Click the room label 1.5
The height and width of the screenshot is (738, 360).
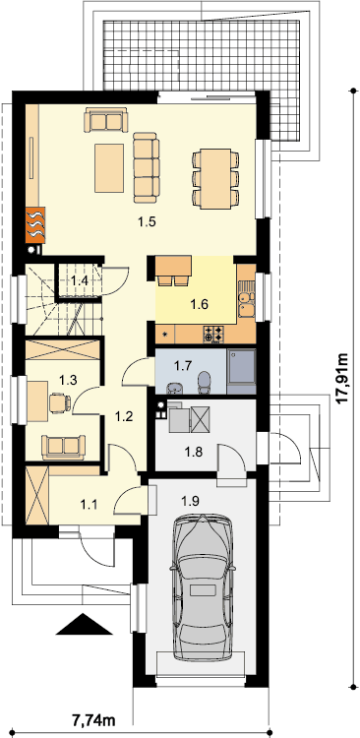point(147,221)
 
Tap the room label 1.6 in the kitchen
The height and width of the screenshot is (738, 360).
point(199,304)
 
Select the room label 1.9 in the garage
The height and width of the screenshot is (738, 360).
point(191,500)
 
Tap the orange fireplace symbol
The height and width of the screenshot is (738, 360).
point(35,224)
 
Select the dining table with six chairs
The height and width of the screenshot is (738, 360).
point(215,179)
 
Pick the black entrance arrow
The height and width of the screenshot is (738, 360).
point(85,624)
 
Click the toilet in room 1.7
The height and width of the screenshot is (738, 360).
point(205,383)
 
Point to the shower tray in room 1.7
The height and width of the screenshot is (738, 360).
point(241,371)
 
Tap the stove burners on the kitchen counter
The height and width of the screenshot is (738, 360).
point(213,334)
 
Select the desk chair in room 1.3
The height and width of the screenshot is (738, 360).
point(60,402)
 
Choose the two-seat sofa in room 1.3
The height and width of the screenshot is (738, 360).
point(64,447)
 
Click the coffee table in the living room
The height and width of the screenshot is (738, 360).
point(109,168)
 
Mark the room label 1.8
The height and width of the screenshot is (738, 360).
point(194,453)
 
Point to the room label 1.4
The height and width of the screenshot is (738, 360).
point(80,281)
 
